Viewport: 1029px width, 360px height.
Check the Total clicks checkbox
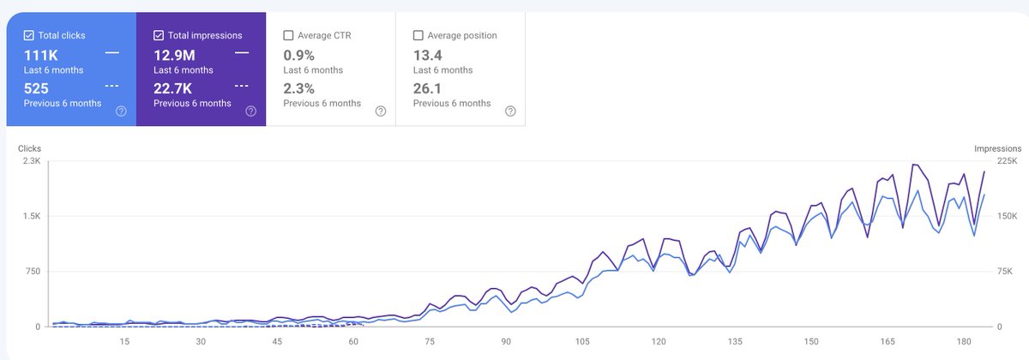tap(29, 36)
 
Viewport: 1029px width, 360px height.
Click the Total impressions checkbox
tap(159, 36)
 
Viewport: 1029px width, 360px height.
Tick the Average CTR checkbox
tap(288, 36)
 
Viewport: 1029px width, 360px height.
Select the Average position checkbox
tap(418, 36)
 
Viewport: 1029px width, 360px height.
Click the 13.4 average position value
tap(429, 55)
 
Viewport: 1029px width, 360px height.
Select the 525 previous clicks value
tap(36, 88)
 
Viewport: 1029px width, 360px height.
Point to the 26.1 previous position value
tap(429, 88)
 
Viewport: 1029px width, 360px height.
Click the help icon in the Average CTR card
tap(380, 111)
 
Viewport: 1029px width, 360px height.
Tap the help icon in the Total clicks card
tap(121, 111)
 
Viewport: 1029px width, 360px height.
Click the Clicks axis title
tap(30, 148)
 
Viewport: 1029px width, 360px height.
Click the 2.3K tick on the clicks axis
tap(31, 161)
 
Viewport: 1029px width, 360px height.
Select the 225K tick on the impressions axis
tap(1006, 161)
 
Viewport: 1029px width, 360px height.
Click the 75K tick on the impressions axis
tap(1003, 272)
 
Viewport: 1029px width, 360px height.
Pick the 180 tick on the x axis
tap(962, 342)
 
